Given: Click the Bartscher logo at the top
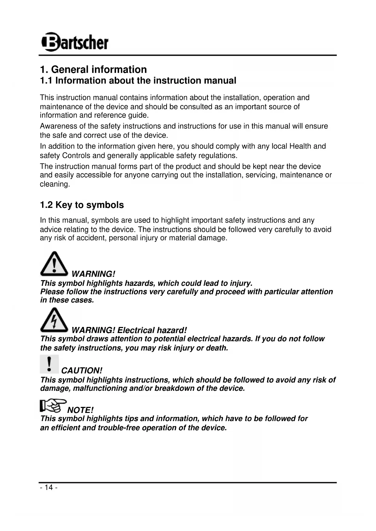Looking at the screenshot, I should point(75,42).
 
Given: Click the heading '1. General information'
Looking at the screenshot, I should point(93,70).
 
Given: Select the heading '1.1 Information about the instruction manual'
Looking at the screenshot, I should point(138,81).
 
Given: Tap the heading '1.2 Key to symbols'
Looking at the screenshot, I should point(82,205).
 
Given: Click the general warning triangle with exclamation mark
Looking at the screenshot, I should point(54,264).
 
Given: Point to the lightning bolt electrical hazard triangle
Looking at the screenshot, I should point(54,320).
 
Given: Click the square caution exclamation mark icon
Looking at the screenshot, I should point(49,364).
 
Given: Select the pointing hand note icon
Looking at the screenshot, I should point(53,406).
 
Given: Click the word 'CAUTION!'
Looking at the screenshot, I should point(82,371).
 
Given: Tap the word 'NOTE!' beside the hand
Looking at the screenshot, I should point(80,410).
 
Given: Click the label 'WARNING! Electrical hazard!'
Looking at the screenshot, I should point(129,330).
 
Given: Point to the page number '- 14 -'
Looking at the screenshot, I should point(48,487).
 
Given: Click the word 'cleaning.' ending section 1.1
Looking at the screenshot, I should point(55,184).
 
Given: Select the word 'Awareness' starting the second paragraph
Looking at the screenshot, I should point(58,126).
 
